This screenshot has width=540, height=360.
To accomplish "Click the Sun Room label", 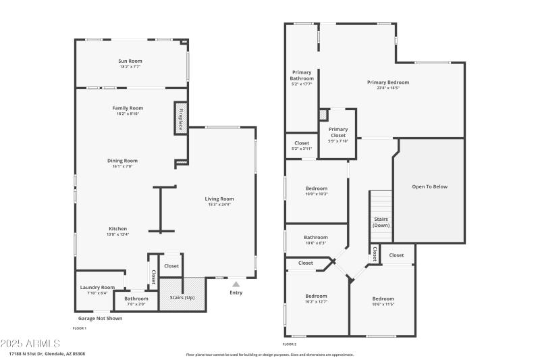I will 130,61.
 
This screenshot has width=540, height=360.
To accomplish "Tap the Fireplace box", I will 180,118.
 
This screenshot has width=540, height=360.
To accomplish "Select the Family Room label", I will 128,108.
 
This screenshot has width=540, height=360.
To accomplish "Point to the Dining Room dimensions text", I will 122,166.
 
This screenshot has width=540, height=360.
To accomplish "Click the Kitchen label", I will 118,228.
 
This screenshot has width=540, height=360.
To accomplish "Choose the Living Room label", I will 219,199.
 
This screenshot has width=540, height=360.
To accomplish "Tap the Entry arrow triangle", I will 236,284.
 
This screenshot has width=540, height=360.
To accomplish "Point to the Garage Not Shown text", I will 100,318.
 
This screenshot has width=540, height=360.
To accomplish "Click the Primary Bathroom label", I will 302,75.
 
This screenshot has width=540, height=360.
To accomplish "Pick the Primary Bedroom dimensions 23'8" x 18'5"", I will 388,88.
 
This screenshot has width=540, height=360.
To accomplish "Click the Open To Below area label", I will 429,186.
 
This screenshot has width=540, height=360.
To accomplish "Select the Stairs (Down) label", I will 381,222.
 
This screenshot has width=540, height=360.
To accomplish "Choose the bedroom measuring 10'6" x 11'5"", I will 383,299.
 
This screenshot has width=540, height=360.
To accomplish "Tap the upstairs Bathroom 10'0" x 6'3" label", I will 316,237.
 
